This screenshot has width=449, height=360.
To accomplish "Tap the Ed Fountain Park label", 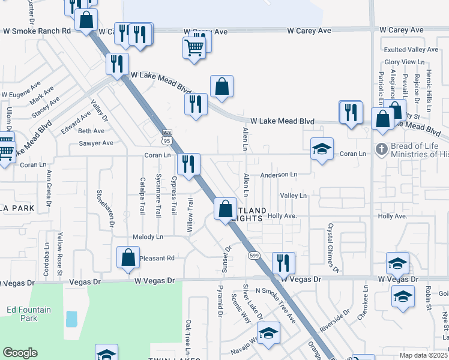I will [28, 314].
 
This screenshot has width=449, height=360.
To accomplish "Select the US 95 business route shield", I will [166, 136].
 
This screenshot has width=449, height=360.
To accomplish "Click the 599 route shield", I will [255, 255].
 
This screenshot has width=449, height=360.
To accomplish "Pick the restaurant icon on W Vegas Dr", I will [283, 262].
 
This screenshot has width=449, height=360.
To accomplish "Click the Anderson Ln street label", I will [279, 175].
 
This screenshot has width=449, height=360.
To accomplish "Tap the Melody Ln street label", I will [148, 237].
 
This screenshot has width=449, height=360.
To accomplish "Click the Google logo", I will [20, 353].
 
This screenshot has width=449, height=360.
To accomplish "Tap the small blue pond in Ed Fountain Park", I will [71, 319].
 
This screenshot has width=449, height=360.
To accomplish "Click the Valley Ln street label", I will [294, 196].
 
